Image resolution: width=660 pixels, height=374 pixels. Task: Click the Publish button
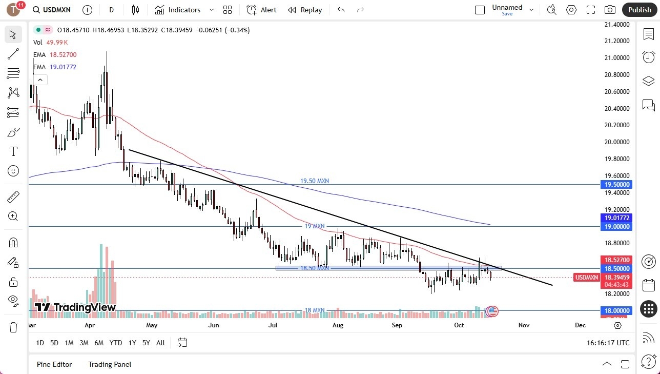pyautogui.click(x=639, y=10)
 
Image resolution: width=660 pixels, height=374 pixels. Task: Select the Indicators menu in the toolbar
pyautogui.click(x=184, y=10)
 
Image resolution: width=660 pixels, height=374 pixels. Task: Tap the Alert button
pyautogui.click(x=261, y=10)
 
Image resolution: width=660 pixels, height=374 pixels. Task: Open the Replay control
pyautogui.click(x=305, y=10)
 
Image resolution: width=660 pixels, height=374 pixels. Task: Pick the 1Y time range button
pyautogui.click(x=132, y=343)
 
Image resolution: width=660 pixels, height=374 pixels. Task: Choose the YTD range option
pyautogui.click(x=116, y=343)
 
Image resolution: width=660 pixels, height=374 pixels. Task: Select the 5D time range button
pyautogui.click(x=54, y=343)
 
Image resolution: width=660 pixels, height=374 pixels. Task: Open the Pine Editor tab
pyautogui.click(x=54, y=364)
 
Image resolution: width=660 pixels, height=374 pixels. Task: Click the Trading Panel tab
pyautogui.click(x=110, y=364)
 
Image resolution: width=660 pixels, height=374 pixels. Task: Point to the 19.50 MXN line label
pyautogui.click(x=315, y=181)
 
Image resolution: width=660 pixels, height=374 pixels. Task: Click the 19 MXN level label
pyautogui.click(x=315, y=226)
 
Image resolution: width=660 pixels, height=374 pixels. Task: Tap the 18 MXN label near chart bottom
pyautogui.click(x=315, y=310)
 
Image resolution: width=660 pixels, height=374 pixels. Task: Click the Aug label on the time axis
pyautogui.click(x=337, y=325)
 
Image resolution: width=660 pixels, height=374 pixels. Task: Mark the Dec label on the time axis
pyautogui.click(x=580, y=325)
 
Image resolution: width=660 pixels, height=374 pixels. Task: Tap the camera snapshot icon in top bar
pyautogui.click(x=610, y=10)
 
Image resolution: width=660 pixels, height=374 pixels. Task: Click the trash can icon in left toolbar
pyautogui.click(x=13, y=327)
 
